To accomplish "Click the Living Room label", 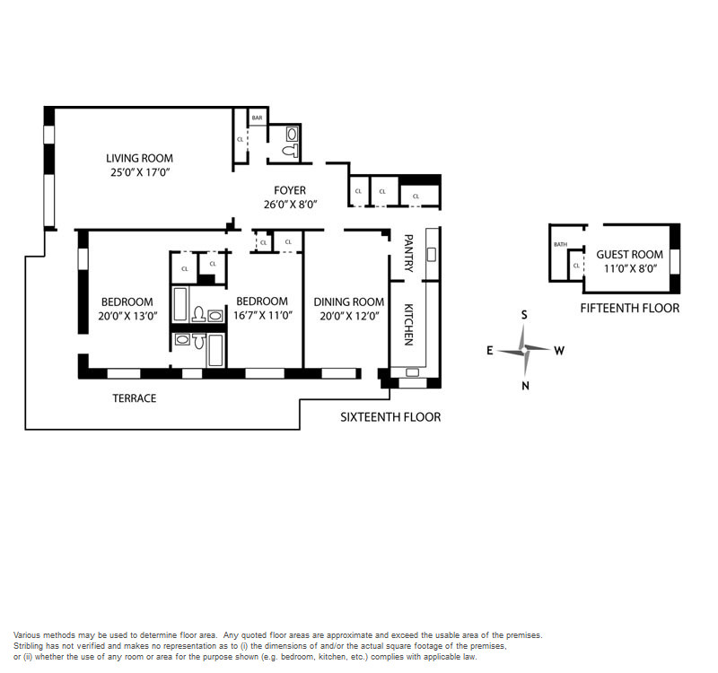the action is tap(140, 159).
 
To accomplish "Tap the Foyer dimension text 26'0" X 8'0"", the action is tap(290, 205).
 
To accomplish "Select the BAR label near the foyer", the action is tap(258, 118).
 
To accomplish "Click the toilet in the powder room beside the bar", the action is tap(290, 150).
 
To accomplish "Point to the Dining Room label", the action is tap(349, 302).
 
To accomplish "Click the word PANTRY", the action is tap(409, 253).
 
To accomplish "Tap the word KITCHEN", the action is tap(409, 325).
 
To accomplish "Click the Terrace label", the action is tap(135, 398).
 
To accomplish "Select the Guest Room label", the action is tap(630, 255).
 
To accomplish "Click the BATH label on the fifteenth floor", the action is tap(560, 244).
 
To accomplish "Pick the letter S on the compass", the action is tap(524, 315).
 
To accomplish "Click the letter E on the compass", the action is tap(489, 351).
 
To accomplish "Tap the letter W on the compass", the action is tap(559, 351).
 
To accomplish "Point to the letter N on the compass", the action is tap(525, 386).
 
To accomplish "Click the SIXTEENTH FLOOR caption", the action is tap(390, 417).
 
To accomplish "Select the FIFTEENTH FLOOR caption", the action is tap(630, 308).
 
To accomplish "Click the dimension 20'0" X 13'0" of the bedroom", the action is tap(127, 316).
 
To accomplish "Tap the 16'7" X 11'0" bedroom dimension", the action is tap(263, 316).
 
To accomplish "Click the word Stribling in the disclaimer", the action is tap(28, 646).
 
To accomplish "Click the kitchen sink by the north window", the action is tap(412, 372).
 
